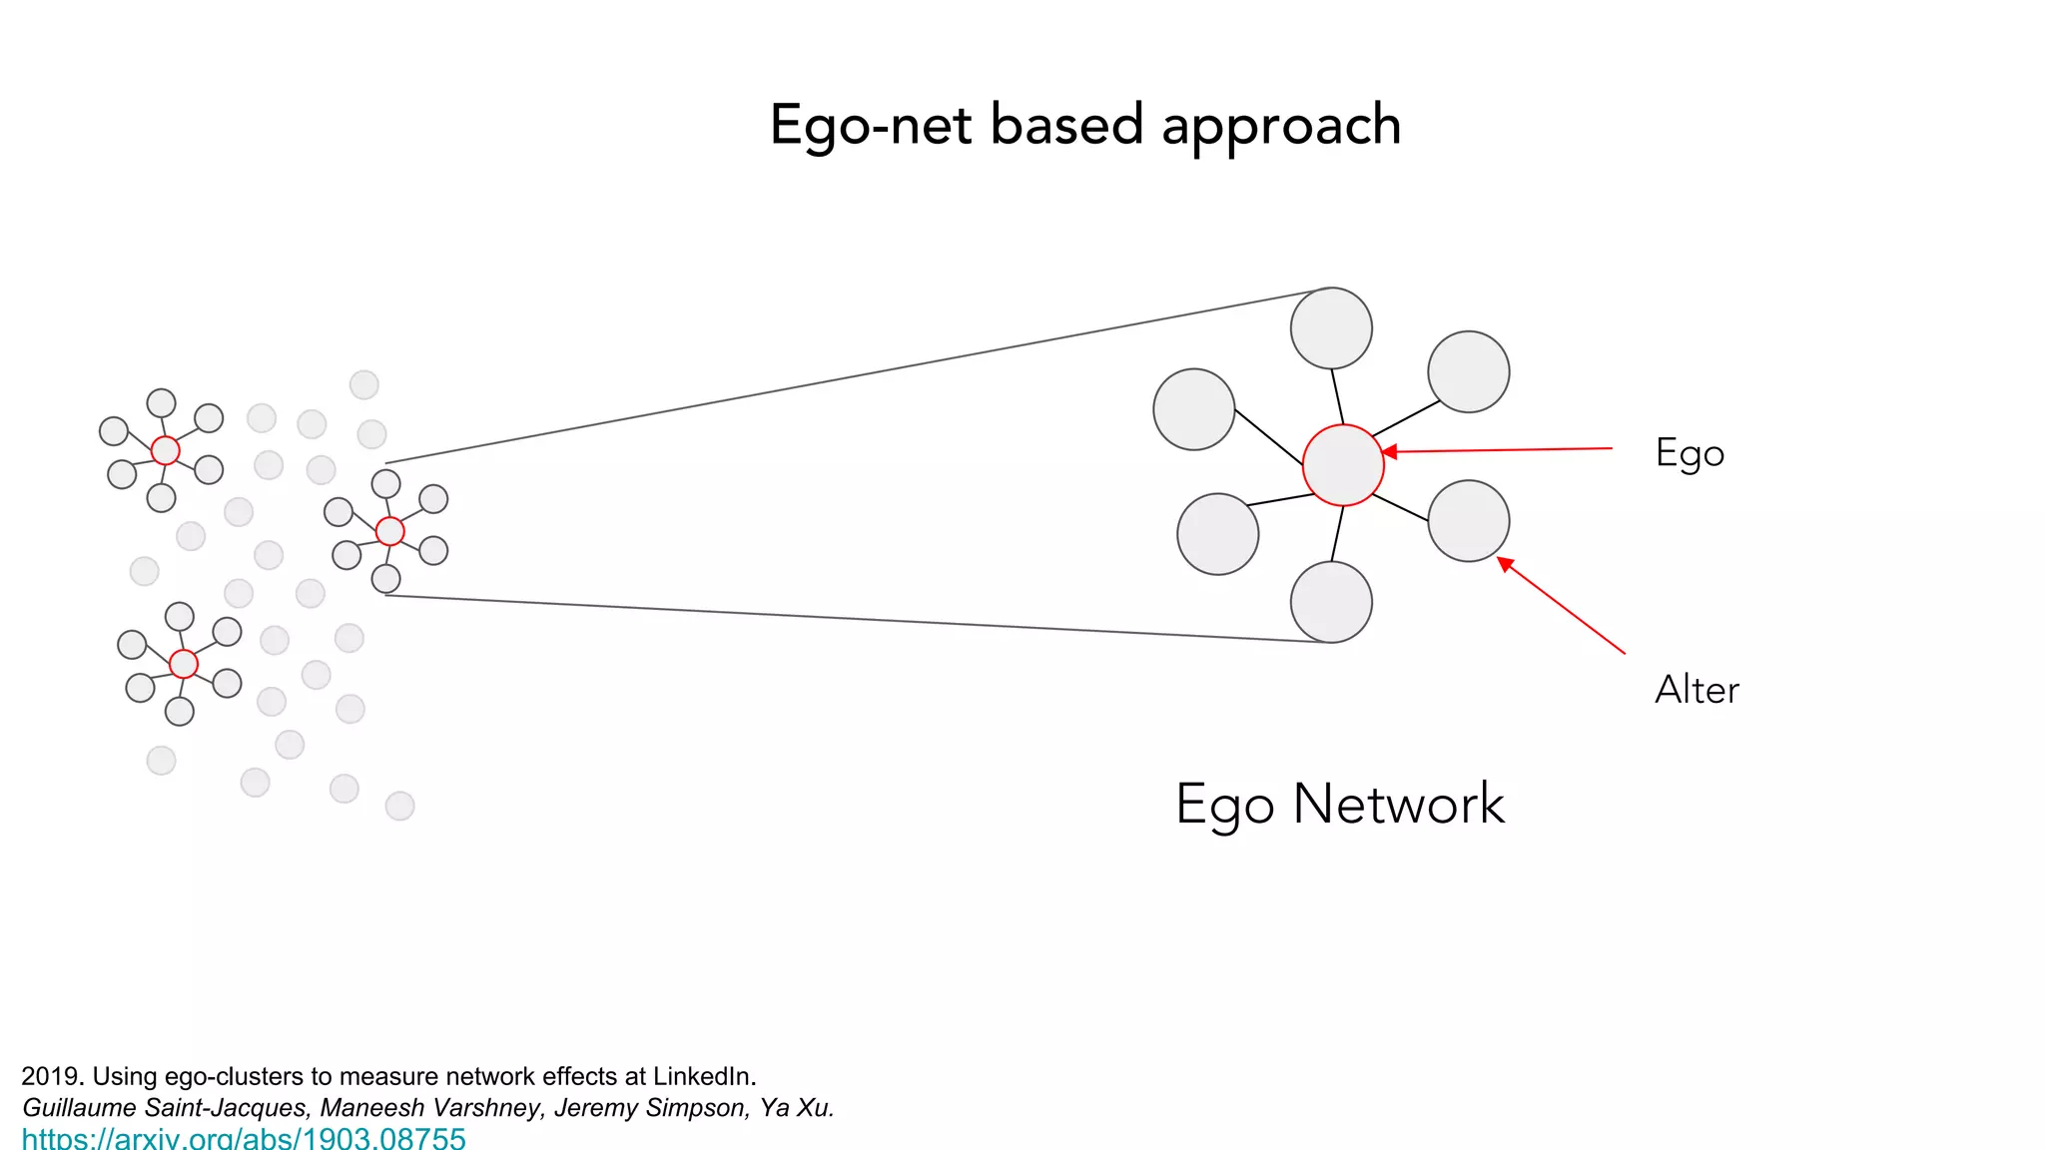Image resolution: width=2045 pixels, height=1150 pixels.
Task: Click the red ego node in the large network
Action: (1343, 465)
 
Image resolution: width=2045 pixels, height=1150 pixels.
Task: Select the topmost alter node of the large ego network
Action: (1331, 328)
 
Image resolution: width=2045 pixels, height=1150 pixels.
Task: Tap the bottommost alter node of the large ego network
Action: (1331, 602)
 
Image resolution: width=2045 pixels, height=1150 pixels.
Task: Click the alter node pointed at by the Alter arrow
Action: (1468, 521)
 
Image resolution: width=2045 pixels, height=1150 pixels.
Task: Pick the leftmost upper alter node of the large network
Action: (1193, 409)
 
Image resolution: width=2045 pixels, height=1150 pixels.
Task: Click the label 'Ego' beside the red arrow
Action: (1690, 453)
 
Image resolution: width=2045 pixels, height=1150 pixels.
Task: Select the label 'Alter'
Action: (1697, 690)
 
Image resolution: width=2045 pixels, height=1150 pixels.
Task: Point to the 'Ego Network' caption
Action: (1339, 804)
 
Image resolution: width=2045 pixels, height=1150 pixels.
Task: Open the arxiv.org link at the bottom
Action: (244, 1138)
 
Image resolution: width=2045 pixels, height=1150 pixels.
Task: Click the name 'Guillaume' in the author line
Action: (79, 1107)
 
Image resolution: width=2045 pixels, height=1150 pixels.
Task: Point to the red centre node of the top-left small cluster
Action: (166, 450)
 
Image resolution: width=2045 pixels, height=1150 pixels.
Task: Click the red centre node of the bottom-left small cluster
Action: (184, 664)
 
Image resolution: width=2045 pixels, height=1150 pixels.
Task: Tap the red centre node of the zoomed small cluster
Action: (390, 531)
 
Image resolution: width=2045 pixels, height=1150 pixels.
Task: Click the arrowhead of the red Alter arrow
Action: (1505, 564)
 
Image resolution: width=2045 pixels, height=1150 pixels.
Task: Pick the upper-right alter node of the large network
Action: (1468, 371)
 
